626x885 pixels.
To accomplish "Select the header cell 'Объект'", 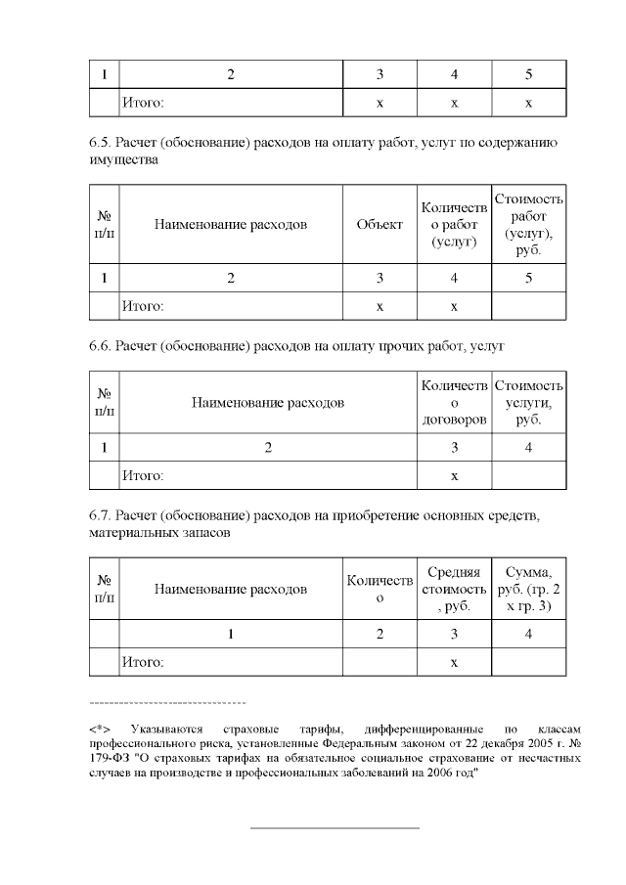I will tap(380, 224).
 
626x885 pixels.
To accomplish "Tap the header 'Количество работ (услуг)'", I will tap(453, 224).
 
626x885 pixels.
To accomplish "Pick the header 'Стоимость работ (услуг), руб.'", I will tap(528, 224).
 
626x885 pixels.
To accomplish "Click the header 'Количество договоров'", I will tap(454, 402).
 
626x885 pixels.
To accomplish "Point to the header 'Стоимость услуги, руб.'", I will tap(528, 402).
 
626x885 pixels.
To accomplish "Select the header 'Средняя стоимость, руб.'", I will tap(454, 589).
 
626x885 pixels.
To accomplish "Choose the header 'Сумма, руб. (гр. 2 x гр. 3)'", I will tap(528, 589).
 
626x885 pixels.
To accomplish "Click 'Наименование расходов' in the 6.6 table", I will tap(267, 402).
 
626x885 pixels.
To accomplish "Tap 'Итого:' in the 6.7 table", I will tap(142, 662).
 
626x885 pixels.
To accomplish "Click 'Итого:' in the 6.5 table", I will tap(142, 306).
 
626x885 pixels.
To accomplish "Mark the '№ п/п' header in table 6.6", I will tap(103, 402).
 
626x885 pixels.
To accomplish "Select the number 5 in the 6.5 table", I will tap(528, 279).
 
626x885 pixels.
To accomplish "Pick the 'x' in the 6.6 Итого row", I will tap(454, 475).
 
